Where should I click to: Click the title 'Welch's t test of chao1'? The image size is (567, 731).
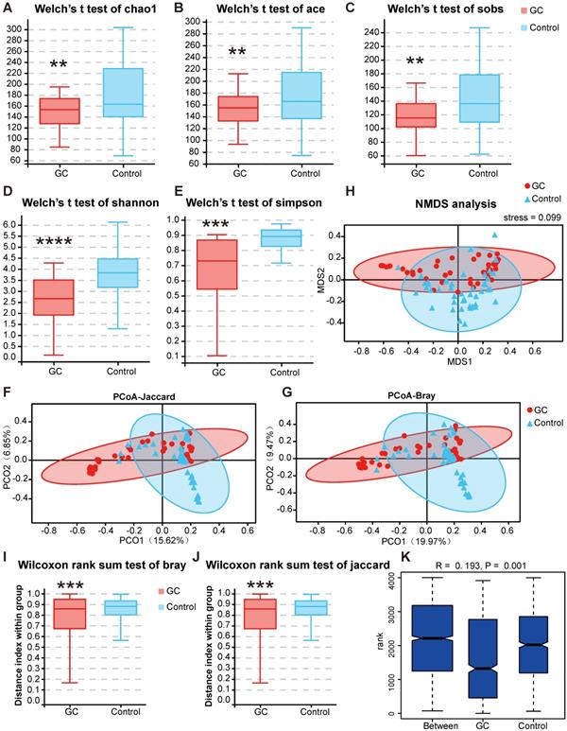(94, 9)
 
